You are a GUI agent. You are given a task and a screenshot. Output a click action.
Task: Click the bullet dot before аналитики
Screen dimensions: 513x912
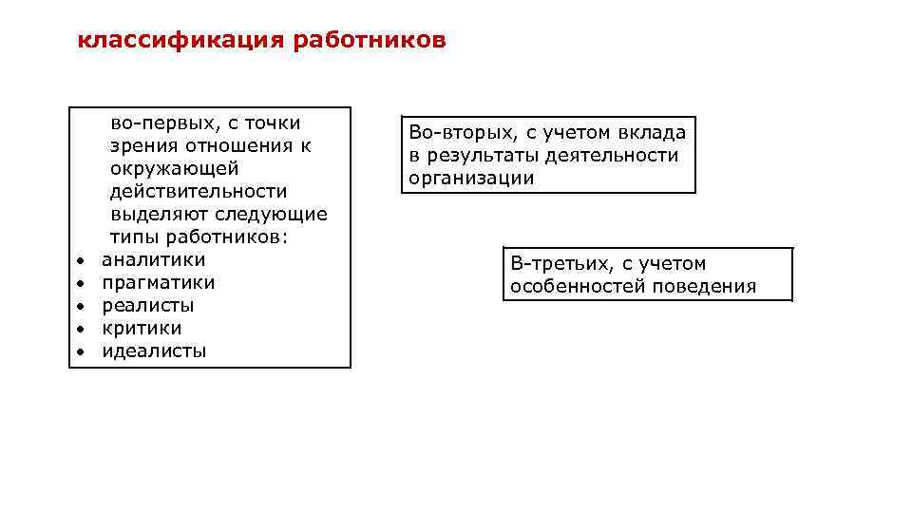coord(82,260)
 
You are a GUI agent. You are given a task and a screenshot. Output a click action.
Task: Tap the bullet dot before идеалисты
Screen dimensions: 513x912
coord(82,351)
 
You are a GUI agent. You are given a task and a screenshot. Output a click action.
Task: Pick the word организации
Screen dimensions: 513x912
coord(471,178)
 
